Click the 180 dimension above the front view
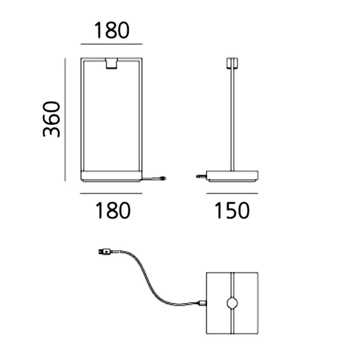[x=112, y=30]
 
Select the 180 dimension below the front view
[x=113, y=210]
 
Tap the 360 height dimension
[x=51, y=119]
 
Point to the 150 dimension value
[x=231, y=210]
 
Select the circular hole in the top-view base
[x=232, y=303]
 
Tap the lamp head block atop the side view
[x=232, y=63]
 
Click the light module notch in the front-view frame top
[x=111, y=64]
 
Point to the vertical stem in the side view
[x=232, y=120]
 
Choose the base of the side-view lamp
[x=232, y=176]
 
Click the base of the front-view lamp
[x=111, y=176]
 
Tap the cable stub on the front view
[x=154, y=178]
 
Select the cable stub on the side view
[x=201, y=176]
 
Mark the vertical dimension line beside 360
[x=65, y=120]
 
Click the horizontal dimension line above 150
[x=232, y=194]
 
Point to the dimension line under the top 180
[x=111, y=44]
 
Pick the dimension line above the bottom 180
[x=111, y=194]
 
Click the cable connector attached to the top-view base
[x=202, y=303]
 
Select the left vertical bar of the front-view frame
[x=82, y=114]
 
